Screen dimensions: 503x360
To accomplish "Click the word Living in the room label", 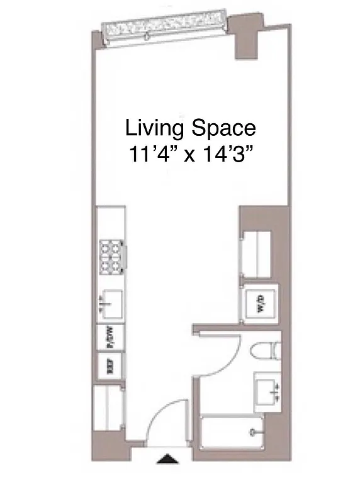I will pos(154,129).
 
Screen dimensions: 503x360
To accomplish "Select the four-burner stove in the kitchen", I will pos(111,256).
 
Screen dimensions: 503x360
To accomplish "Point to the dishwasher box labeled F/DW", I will pos(108,339).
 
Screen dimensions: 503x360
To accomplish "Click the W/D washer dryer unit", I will pos(259,306).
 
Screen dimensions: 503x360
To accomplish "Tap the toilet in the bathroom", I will pos(263,352).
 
